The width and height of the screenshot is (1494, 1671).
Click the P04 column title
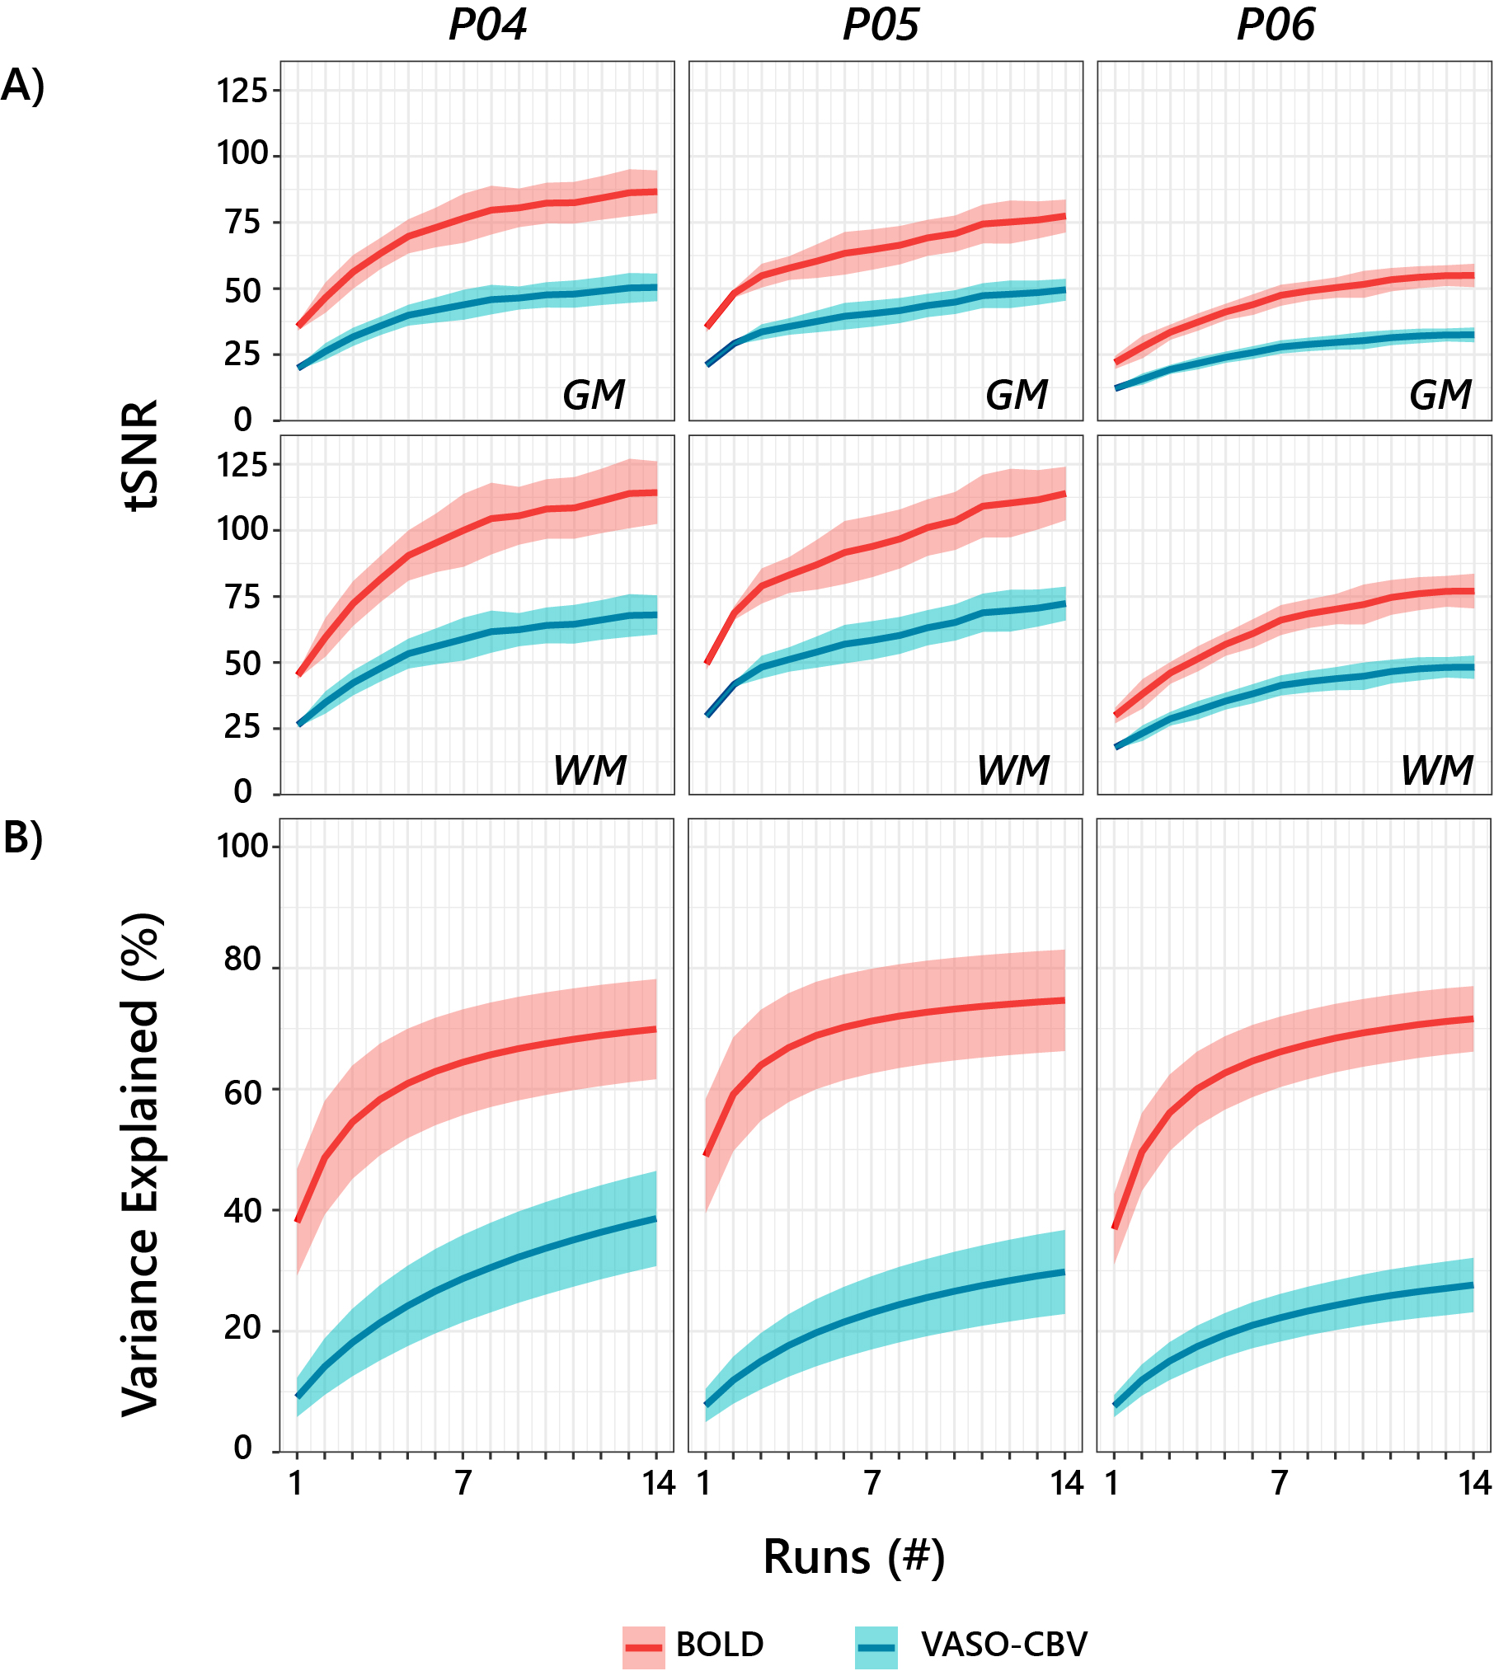click(x=487, y=26)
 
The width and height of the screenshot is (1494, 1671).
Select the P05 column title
click(x=881, y=26)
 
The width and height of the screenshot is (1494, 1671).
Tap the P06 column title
click(x=1276, y=26)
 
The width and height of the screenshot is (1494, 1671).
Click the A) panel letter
click(x=22, y=85)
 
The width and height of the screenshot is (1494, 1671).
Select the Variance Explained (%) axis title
click(x=140, y=1165)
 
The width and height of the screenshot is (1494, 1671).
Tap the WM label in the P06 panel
click(x=1436, y=771)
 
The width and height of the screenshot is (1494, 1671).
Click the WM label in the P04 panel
click(x=590, y=771)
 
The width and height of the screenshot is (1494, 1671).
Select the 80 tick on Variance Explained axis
click(x=242, y=960)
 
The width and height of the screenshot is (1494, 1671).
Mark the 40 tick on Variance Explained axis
click(x=242, y=1211)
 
